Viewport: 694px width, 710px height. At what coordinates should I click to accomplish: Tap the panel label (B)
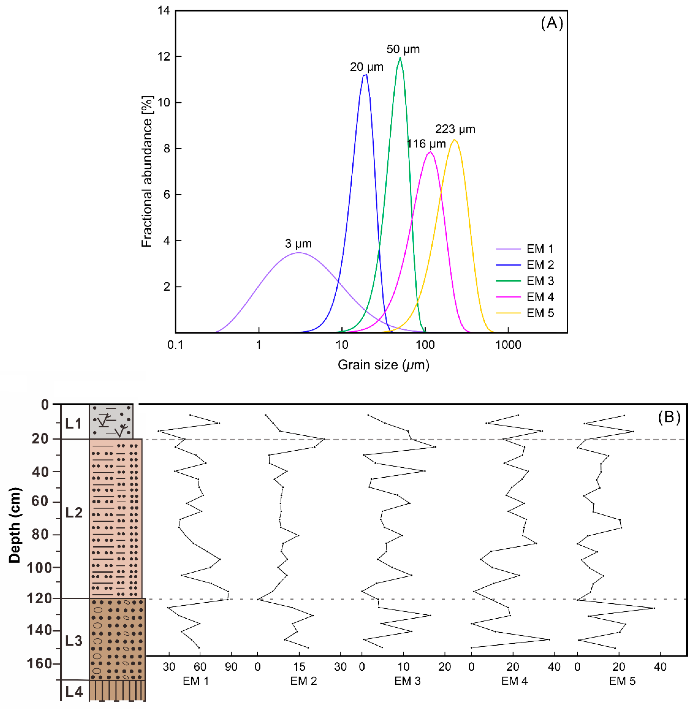click(x=669, y=416)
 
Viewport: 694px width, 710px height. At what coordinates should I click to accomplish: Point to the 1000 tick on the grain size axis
click(x=508, y=345)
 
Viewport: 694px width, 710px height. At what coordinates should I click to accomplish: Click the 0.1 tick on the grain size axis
click(x=175, y=345)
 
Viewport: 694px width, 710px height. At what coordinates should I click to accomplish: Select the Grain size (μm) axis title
click(x=383, y=365)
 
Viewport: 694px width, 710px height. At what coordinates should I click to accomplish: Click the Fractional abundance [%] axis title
click(x=147, y=172)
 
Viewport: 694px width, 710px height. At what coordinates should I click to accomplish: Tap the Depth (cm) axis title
click(x=15, y=525)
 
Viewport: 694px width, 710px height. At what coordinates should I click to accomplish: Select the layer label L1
click(x=74, y=423)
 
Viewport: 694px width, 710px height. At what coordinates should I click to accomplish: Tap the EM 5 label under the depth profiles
click(x=622, y=681)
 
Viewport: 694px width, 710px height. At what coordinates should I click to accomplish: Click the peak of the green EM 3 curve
click(x=400, y=57)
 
